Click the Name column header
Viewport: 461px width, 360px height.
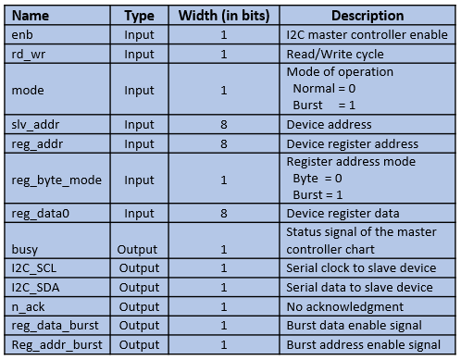[x=31, y=16]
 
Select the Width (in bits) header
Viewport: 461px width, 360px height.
[x=224, y=16]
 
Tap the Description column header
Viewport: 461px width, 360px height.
[x=368, y=16]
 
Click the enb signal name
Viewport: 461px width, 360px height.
[x=22, y=34]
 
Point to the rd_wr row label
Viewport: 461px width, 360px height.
[x=29, y=55]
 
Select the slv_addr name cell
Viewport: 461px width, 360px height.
[x=35, y=125]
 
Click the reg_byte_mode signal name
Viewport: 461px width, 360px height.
[x=56, y=180]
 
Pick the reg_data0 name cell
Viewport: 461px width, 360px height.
[x=41, y=214]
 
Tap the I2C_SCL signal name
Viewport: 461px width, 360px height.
[x=34, y=268]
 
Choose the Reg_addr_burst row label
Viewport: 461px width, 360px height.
[x=56, y=345]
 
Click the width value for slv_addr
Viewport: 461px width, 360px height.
[x=224, y=125]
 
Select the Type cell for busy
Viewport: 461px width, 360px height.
[x=137, y=250]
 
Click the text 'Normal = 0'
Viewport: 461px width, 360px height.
[x=324, y=89]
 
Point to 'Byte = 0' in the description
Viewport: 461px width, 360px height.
[x=318, y=179]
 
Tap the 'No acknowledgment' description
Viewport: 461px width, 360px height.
[x=345, y=306]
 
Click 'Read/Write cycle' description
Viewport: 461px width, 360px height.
[x=335, y=55]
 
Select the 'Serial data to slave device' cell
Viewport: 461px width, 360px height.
[x=359, y=288]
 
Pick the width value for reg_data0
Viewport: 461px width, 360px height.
[x=224, y=214]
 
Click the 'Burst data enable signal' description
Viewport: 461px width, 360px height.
[x=355, y=326]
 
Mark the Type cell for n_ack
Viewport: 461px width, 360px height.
[x=139, y=306]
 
